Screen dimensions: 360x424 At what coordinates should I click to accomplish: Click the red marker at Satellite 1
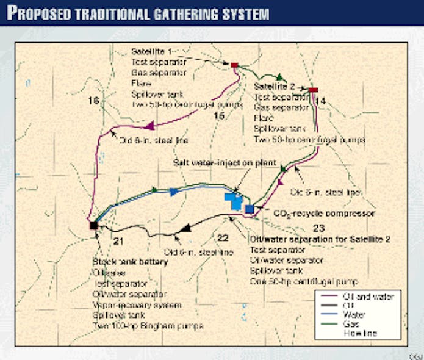point(234,65)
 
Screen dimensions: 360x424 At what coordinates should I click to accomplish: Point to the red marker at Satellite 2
point(314,90)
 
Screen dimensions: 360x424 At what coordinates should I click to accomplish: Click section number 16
point(93,101)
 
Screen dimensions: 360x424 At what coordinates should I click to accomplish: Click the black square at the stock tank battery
point(93,225)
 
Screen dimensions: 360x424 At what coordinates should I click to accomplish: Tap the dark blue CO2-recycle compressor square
point(249,209)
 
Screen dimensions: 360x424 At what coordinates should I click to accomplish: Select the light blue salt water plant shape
point(233,201)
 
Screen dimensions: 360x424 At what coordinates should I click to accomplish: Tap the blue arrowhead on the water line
point(174,192)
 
